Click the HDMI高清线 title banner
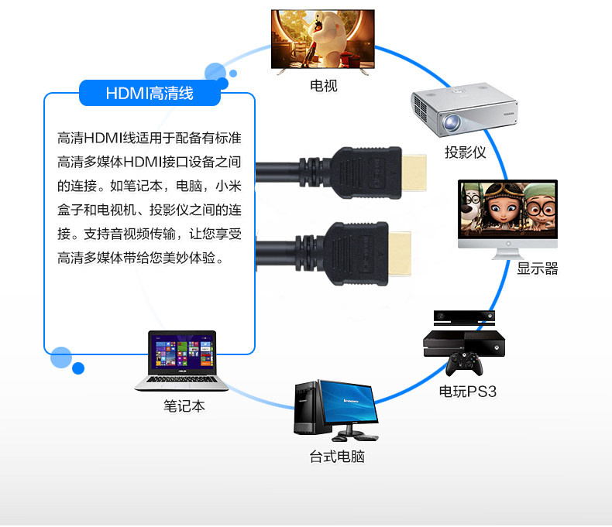[x=150, y=94]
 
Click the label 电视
[x=323, y=85]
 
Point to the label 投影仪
[x=465, y=152]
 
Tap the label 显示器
[x=538, y=269]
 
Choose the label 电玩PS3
[x=467, y=392]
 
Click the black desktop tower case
[x=307, y=408]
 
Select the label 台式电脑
[x=337, y=457]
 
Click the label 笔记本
[x=184, y=406]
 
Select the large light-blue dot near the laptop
[x=61, y=358]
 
